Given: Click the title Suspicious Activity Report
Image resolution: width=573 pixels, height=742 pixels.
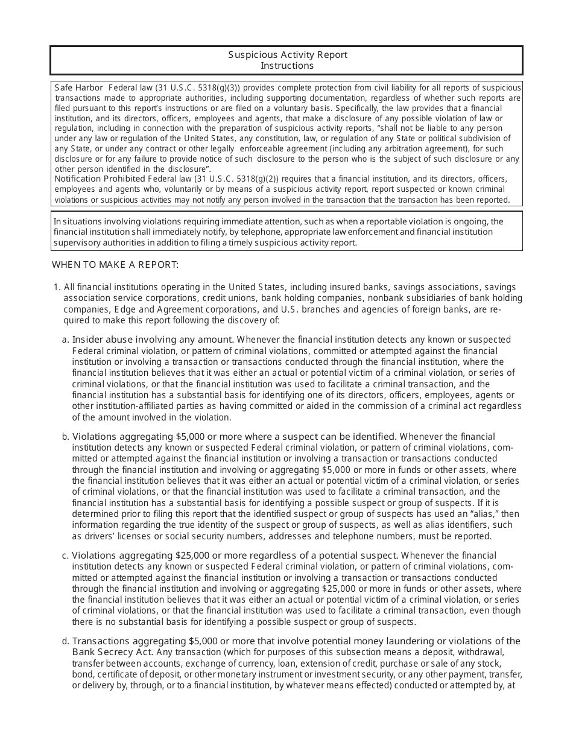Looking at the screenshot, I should (287, 55).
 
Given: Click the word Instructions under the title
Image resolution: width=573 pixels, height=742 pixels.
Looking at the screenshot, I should (287, 66).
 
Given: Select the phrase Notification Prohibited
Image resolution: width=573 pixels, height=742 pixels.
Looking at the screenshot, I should (100, 179).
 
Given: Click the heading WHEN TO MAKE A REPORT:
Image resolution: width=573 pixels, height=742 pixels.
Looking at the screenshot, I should (115, 264).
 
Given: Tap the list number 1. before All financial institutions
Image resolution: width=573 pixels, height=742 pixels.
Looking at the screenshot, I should (57, 287).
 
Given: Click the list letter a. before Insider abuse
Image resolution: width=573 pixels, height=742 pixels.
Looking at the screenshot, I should (66, 340).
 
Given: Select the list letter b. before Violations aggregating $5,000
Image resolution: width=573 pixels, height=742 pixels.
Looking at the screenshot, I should (66, 436).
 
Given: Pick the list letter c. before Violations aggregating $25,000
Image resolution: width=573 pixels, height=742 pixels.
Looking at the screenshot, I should (66, 555).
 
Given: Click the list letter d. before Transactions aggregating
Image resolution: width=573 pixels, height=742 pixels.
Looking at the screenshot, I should (66, 641).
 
